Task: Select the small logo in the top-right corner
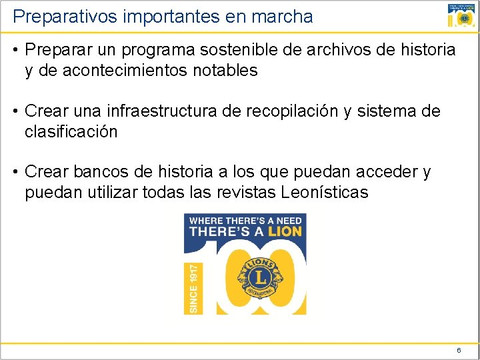pos(462,16)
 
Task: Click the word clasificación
pos(71,131)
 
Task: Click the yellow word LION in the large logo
pos(285,232)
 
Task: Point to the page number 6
pos(459,350)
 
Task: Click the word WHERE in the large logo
pos(206,221)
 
